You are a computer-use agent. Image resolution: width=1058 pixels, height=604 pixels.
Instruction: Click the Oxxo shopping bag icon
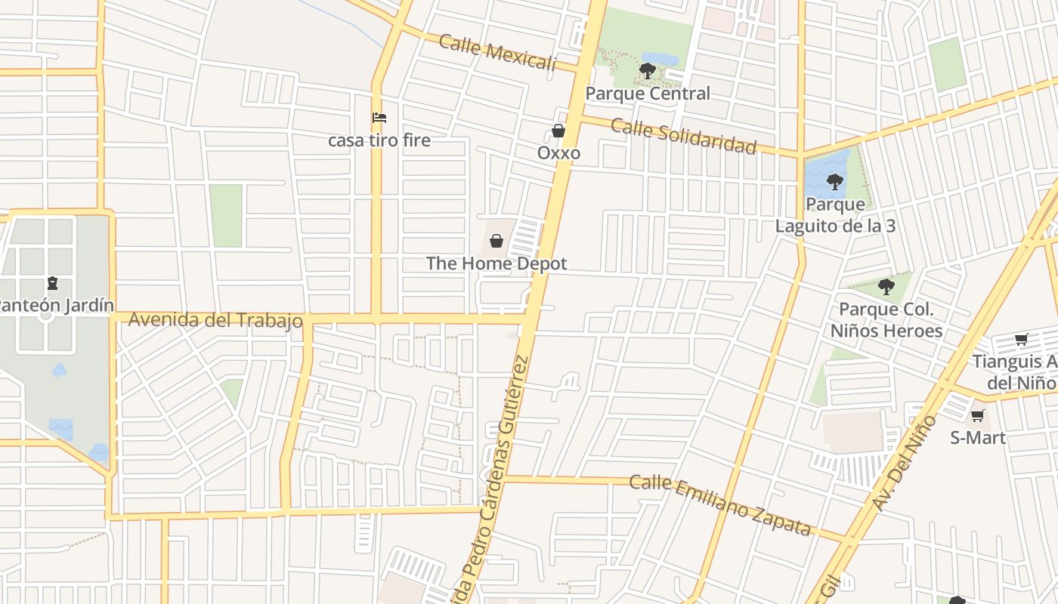point(558,131)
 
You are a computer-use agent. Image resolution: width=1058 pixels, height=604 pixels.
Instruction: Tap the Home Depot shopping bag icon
point(497,241)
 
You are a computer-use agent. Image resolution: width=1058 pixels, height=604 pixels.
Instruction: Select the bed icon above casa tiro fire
point(379,118)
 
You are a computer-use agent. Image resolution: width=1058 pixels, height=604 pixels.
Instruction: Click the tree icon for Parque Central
point(647,71)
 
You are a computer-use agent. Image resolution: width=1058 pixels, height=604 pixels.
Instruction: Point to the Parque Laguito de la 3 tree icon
point(834,181)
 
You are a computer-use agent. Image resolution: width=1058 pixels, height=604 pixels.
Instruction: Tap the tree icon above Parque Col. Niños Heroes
point(886,287)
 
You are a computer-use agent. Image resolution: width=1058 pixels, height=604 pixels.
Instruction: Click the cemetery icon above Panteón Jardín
point(52,283)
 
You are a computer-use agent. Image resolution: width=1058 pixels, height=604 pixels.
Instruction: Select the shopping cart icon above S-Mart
point(977,415)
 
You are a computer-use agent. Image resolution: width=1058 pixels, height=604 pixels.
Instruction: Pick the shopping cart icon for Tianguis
point(1021,340)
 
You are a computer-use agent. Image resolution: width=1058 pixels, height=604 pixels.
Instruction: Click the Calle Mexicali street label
point(497,52)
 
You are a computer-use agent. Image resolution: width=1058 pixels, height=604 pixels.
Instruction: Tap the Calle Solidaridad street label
point(683,136)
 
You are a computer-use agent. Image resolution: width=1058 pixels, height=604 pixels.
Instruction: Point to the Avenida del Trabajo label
point(215,320)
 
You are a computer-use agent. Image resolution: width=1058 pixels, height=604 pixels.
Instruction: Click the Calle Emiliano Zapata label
point(720,504)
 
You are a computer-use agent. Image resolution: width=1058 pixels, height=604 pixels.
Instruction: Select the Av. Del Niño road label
point(905,463)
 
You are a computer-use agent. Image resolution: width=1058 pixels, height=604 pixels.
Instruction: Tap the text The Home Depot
point(497,263)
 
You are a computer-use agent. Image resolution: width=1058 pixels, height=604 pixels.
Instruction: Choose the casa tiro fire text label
point(379,140)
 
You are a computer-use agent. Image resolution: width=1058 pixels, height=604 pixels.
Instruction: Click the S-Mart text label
point(978,438)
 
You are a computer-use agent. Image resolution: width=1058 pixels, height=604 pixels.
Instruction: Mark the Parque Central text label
point(648,94)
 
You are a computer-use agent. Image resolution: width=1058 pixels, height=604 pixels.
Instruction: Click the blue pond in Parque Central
point(660,58)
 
